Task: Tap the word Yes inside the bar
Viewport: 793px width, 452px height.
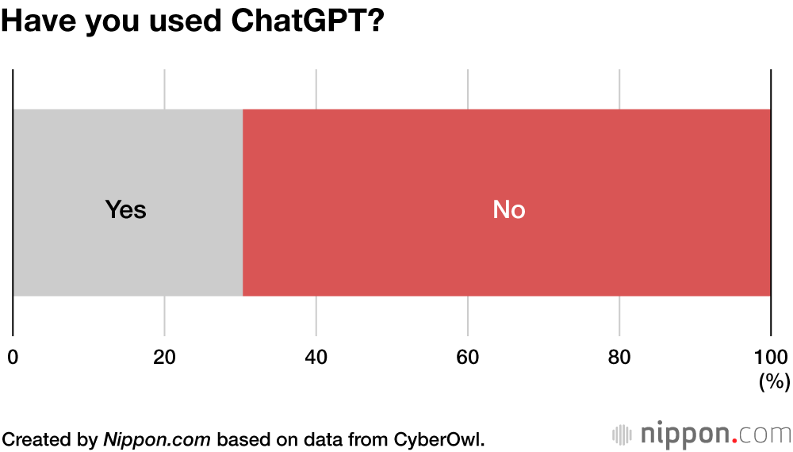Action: coord(126,210)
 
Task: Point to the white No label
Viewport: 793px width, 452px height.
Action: coord(509,210)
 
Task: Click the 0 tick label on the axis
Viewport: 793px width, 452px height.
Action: coord(13,357)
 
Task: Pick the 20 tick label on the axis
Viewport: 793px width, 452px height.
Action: coord(164,357)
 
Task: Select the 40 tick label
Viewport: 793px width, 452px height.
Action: coord(316,357)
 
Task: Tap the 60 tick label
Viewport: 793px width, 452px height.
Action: coord(468,357)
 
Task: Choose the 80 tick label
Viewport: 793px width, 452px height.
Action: coord(619,357)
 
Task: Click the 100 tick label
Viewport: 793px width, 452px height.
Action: coord(770,357)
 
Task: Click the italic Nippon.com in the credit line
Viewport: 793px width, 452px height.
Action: coord(158,439)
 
